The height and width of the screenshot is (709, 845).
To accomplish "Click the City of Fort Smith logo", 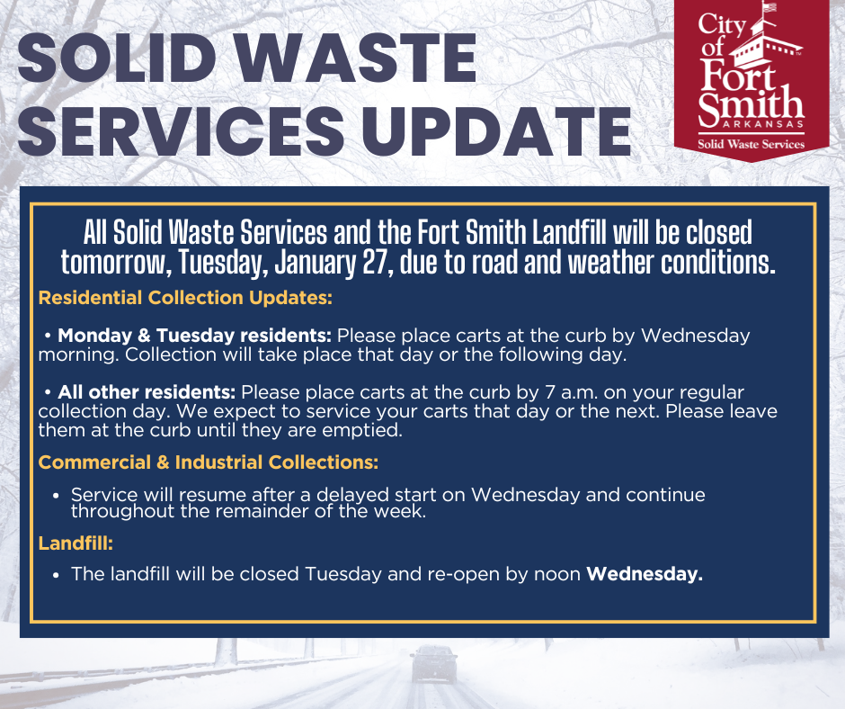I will click(752, 76).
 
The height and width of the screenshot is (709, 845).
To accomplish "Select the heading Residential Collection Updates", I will click(185, 297).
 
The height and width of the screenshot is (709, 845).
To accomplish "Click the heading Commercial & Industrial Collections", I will click(208, 462).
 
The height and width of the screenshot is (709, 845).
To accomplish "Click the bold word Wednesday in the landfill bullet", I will click(644, 573).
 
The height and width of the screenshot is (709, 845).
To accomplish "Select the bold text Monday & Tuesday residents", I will click(195, 336).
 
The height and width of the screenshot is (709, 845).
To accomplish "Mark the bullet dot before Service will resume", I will click(56, 496).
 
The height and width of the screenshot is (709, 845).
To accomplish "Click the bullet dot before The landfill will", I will click(56, 574).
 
